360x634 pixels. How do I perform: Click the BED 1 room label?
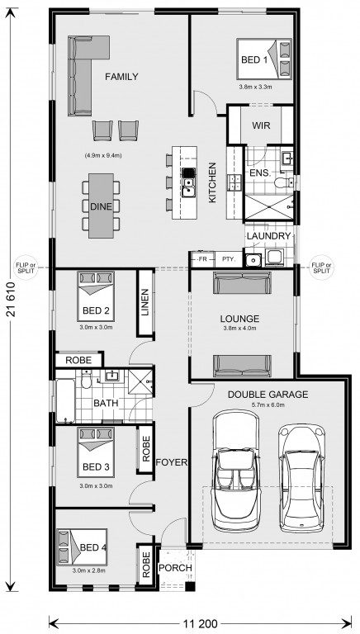[254, 60]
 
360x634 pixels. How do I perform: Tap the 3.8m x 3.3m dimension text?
[255, 87]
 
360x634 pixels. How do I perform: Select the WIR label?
[261, 125]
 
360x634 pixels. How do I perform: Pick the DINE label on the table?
[101, 206]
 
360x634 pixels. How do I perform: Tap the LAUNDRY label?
[268, 236]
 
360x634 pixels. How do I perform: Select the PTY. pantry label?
[228, 259]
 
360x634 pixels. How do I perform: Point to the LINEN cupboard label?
[145, 302]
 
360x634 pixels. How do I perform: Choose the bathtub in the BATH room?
[65, 400]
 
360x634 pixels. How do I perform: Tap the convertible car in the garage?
[236, 471]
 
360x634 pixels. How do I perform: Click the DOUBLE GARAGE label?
[268, 394]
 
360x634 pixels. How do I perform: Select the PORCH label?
[175, 568]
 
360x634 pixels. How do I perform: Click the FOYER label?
[172, 462]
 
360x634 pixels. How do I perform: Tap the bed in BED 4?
[82, 547]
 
